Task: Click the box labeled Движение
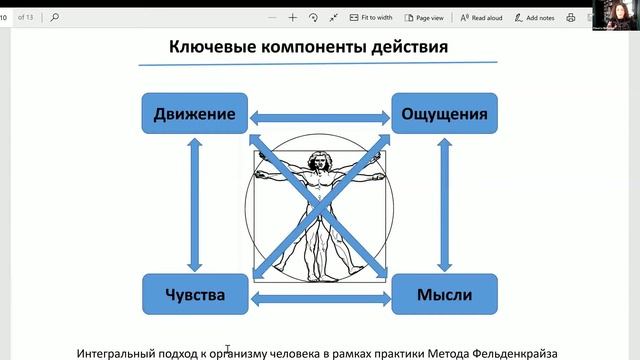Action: click(195, 114)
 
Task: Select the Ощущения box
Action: click(443, 114)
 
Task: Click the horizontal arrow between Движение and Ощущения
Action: click(319, 117)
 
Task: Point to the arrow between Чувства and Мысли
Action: click(319, 298)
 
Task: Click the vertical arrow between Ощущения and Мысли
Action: click(443, 204)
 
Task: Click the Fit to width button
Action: click(371, 17)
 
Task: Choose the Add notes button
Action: click(541, 17)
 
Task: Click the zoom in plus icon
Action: click(292, 17)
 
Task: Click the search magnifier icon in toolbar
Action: click(54, 17)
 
